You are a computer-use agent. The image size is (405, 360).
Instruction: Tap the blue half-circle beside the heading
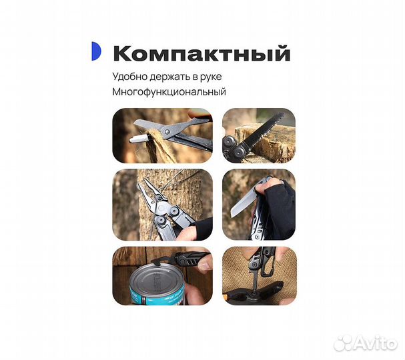point(96,51)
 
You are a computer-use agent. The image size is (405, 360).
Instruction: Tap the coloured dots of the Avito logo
point(344,342)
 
